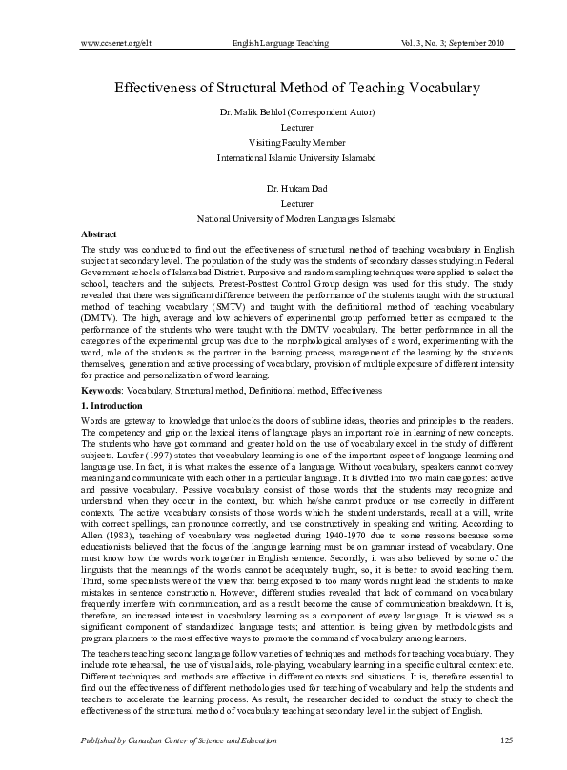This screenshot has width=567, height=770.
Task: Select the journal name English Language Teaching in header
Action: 280,44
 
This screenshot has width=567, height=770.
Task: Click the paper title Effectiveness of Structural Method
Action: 296,88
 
